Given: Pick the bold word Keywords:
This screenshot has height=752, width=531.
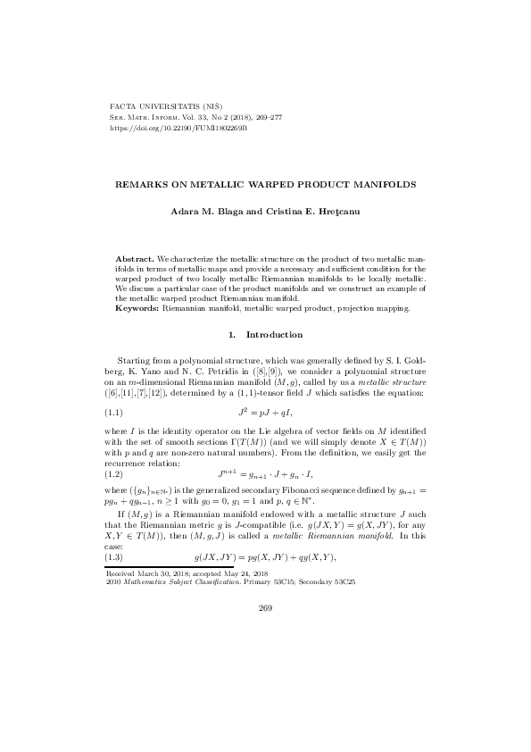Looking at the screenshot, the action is coord(137,308).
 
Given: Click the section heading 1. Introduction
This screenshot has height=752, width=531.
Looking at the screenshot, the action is coord(266,335).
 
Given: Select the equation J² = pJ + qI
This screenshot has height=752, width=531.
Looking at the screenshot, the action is coord(265,414).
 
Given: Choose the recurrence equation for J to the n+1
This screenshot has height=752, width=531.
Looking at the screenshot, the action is coord(265,475).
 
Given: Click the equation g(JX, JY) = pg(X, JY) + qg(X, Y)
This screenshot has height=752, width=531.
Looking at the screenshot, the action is coord(265,557).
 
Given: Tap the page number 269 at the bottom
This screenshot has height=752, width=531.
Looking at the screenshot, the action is coord(265,608).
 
